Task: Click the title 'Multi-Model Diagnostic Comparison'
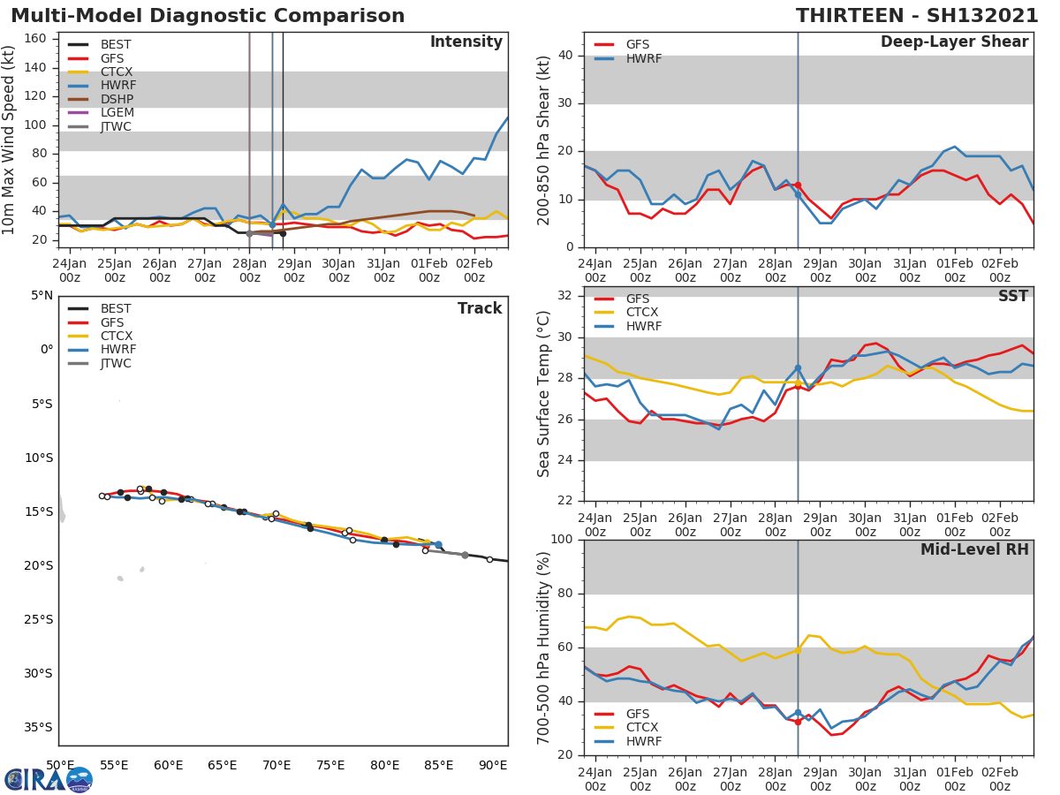(208, 16)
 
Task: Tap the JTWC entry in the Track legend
(116, 364)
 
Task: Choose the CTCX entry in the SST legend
(640, 313)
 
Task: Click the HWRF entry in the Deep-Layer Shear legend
(643, 58)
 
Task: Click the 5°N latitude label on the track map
(41, 296)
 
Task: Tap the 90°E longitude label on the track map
(493, 765)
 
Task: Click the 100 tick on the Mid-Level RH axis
(561, 540)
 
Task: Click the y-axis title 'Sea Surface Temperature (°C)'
(544, 394)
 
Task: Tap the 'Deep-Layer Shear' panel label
(954, 42)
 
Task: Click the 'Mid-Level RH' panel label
(974, 550)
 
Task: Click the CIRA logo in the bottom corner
(49, 779)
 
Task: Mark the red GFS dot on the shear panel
(798, 185)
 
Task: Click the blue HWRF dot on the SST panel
(798, 368)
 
